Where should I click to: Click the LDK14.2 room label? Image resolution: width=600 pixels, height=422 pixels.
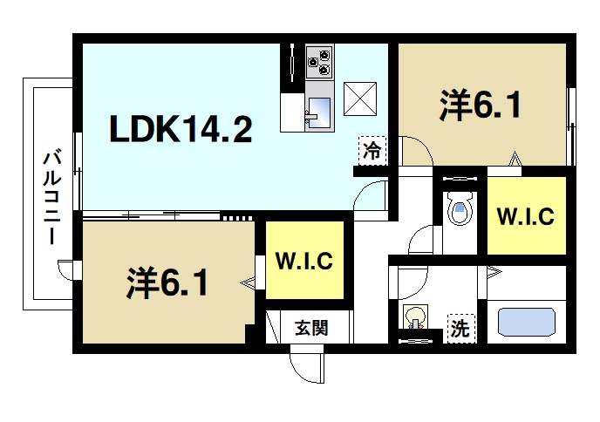pos(181,130)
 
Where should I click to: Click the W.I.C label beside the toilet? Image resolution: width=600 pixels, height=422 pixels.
pos(525,217)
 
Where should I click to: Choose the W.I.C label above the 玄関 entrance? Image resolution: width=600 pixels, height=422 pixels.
pos(303,260)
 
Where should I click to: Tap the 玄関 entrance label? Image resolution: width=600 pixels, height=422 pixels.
pos(310,329)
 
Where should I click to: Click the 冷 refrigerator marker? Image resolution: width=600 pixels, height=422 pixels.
pos(371,149)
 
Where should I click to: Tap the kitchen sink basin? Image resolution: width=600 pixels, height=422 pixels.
pos(317,112)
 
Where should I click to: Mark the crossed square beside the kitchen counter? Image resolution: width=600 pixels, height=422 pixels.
pos(360,97)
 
